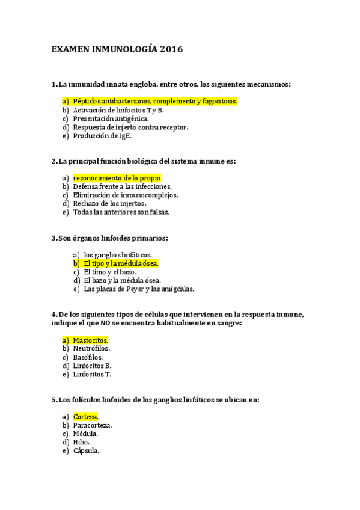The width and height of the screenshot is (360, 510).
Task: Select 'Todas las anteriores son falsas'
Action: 121,212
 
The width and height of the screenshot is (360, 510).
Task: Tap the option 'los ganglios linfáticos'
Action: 118,255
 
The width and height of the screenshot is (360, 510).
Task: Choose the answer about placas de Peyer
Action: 139,289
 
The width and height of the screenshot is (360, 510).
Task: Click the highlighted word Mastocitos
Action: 90,340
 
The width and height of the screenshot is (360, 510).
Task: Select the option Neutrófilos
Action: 91,348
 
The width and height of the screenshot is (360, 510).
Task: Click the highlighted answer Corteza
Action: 85,416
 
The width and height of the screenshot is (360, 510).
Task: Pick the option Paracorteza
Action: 92,425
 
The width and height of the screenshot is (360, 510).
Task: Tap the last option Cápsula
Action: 86,450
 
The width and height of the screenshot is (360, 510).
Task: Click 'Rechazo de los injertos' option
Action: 109,203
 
